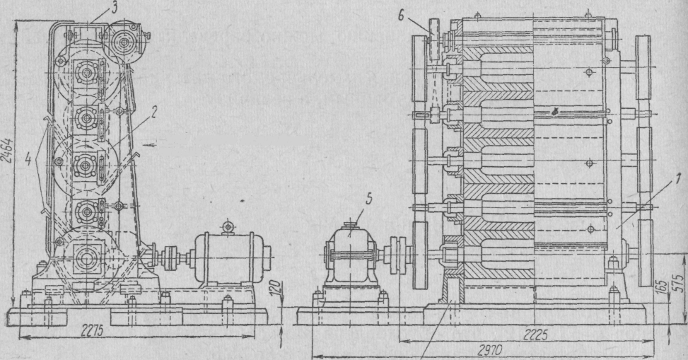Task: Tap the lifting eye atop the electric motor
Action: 227,226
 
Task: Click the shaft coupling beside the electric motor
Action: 172,257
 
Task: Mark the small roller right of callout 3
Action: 125,41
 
